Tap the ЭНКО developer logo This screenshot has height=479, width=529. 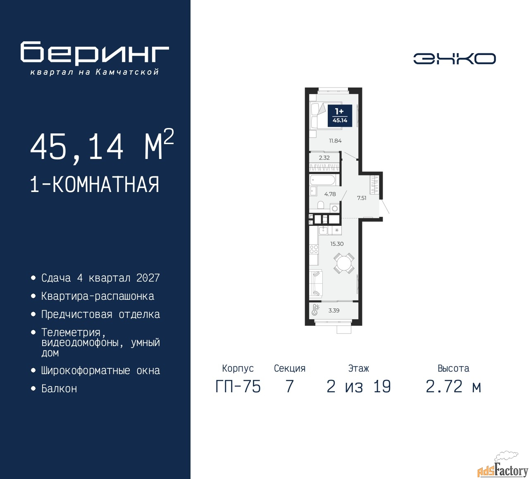click(x=454, y=59)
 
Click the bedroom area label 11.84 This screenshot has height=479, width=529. click(x=335, y=141)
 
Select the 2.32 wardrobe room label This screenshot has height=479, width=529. click(x=324, y=158)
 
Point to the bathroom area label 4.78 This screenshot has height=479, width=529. click(x=330, y=194)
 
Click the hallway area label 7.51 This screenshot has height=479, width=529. click(x=362, y=198)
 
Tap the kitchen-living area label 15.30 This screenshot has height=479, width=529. click(x=337, y=244)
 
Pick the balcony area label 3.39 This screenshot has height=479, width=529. click(x=334, y=311)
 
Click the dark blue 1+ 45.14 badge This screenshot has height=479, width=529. click(x=340, y=116)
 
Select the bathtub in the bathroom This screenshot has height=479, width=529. click(x=322, y=180)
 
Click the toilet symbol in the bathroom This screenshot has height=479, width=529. click(x=321, y=205)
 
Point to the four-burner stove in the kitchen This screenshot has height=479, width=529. click(x=314, y=249)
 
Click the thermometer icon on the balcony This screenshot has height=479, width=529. click(x=315, y=310)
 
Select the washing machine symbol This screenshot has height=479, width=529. click(x=335, y=209)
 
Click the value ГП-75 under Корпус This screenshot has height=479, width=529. click(x=238, y=387)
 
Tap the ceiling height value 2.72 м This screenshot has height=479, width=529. click(x=453, y=387)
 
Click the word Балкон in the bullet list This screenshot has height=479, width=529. click(x=59, y=389)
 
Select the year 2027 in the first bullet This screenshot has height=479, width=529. click(x=148, y=278)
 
